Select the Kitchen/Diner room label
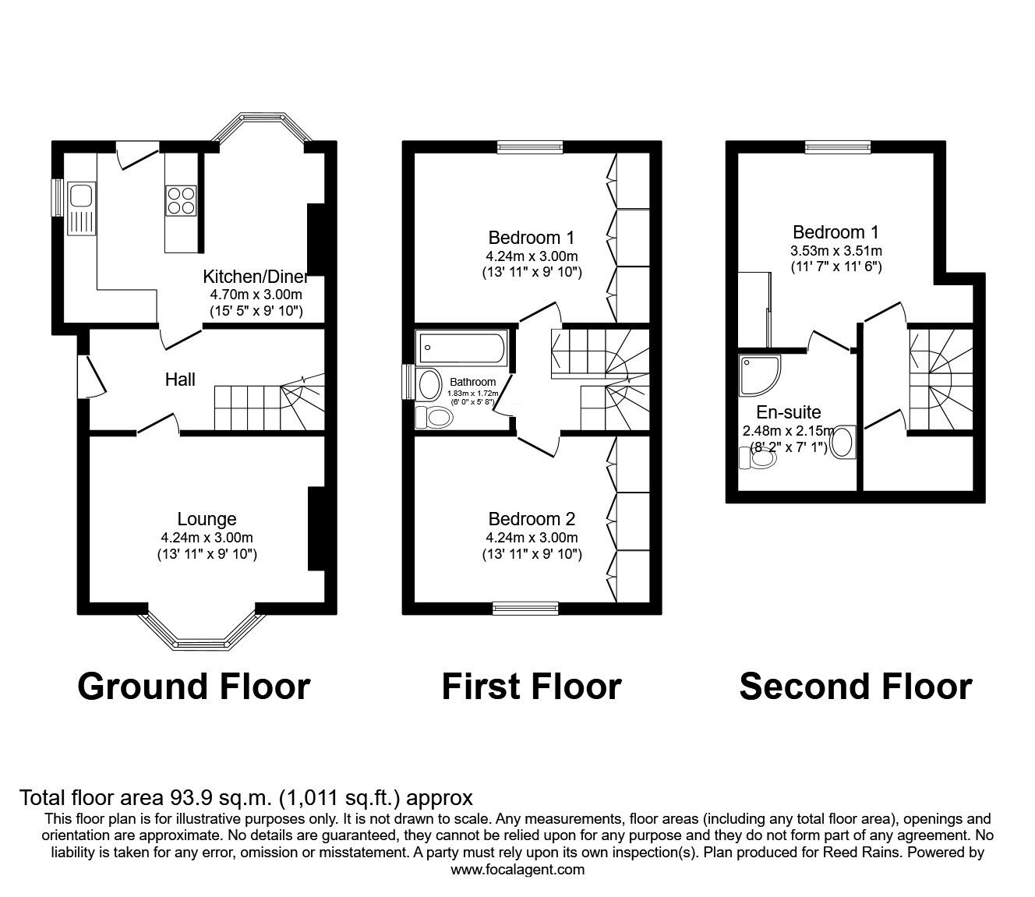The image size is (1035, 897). point(256,277)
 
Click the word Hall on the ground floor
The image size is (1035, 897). point(180,380)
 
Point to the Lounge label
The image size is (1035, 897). point(207,519)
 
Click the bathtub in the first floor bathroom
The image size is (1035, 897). point(461,347)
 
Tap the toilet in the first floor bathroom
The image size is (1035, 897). point(435,418)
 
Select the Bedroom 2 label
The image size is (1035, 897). point(532,519)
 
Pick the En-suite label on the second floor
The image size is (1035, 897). point(788,413)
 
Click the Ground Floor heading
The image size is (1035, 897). point(194,687)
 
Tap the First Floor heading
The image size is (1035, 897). point(532,687)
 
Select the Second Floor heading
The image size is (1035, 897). point(856,687)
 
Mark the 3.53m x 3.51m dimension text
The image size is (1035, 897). point(835,251)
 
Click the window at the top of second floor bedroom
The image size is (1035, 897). point(838,147)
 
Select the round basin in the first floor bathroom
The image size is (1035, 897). point(429,384)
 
